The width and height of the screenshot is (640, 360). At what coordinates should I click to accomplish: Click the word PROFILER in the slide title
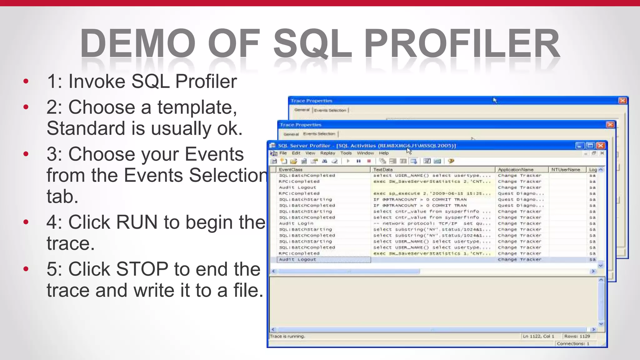point(462,44)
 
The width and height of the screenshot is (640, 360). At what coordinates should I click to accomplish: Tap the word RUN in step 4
point(137,222)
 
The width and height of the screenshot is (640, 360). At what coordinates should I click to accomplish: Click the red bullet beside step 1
point(26,82)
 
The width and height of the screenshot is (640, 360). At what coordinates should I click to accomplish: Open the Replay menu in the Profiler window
point(327,153)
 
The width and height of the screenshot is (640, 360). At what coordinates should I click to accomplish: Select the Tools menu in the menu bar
point(346,153)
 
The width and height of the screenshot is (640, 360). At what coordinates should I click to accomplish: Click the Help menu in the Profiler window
point(384,153)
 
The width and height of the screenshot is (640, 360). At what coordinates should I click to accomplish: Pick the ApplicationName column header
point(516,170)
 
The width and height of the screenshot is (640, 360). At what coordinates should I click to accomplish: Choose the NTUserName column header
point(566,170)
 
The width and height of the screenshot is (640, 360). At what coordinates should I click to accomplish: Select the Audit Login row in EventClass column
point(296,223)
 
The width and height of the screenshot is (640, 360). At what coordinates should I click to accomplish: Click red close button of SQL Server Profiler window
point(600,146)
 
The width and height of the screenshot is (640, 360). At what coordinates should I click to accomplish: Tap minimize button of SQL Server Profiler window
point(580,146)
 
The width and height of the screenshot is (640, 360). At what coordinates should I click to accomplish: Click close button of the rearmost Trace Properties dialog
point(622,101)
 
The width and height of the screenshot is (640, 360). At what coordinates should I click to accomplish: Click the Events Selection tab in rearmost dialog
point(330,110)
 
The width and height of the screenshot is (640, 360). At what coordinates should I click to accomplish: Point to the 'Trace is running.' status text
point(287,337)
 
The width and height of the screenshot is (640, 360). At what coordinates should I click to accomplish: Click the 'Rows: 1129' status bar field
point(577,337)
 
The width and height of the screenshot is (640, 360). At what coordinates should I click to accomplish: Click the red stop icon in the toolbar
point(369,161)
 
